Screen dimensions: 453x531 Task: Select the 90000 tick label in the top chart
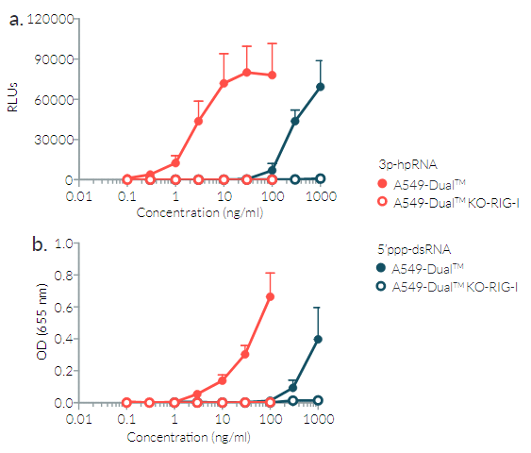[x=50, y=59]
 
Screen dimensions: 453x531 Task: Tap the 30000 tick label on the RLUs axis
[x=50, y=140]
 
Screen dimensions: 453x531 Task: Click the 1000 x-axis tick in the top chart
[x=321, y=197]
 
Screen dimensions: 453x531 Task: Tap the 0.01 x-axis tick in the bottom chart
[x=78, y=420]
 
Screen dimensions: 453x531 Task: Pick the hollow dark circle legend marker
[x=382, y=286]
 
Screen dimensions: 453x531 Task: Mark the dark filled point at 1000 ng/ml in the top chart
[x=321, y=87]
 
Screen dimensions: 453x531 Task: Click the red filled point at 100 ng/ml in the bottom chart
[x=271, y=296]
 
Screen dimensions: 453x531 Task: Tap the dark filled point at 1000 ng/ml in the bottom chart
[x=319, y=339]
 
